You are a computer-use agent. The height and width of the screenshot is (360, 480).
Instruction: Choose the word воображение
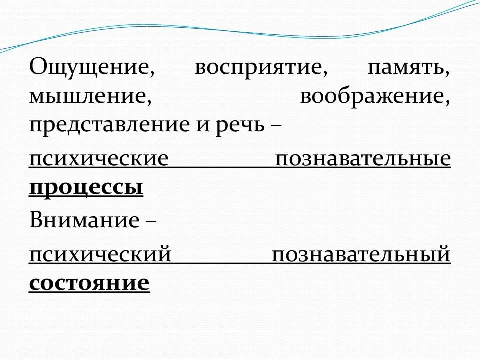pos(373,96)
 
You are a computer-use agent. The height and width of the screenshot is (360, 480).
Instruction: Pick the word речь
pos(242,125)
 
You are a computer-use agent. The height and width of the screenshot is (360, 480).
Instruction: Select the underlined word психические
pos(98,159)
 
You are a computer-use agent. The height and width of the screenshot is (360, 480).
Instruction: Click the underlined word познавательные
pos(363,159)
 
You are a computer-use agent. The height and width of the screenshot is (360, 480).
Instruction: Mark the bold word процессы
pos(86,188)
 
